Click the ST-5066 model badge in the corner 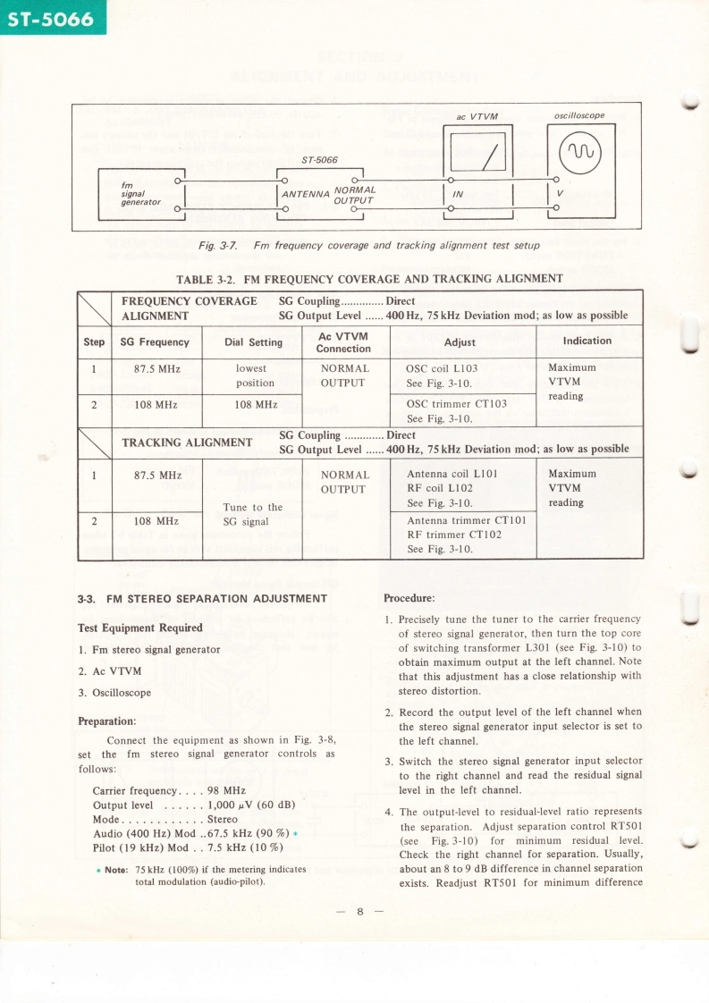click(52, 17)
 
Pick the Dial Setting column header click(253, 341)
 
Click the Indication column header click(587, 341)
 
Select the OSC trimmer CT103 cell click(456, 403)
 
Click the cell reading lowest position click(255, 375)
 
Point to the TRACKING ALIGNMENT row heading click(187, 442)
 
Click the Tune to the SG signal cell click(252, 514)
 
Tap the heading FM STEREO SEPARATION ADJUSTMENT click(203, 599)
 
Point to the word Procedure click(409, 598)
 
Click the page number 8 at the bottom click(359, 912)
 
